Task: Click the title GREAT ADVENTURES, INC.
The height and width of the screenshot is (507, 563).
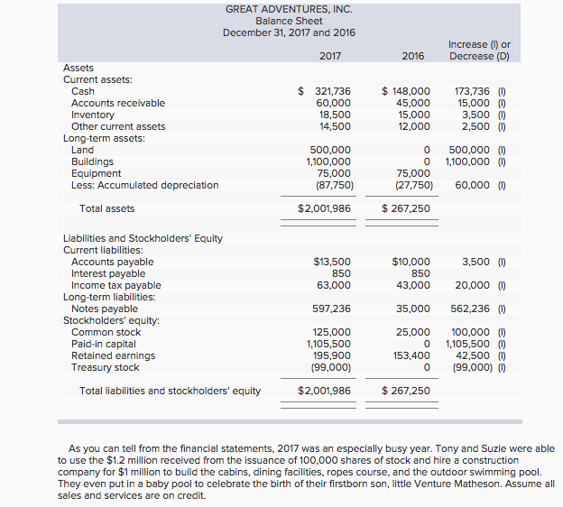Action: tap(289, 9)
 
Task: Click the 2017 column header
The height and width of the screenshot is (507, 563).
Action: tap(330, 56)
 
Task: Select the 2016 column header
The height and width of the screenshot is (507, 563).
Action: tap(412, 56)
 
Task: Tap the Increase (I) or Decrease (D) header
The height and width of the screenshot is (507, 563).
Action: tap(479, 50)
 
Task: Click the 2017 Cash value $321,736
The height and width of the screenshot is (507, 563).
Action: tap(325, 91)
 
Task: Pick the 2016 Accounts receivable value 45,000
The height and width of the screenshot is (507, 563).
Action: tap(412, 103)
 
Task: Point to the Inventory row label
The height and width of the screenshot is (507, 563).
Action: tap(93, 115)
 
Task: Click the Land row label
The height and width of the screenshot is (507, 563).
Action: tap(82, 150)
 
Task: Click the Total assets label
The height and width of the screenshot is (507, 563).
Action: tap(106, 208)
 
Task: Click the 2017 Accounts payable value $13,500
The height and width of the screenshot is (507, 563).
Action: tap(332, 262)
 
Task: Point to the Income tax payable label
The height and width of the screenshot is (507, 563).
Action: tap(115, 285)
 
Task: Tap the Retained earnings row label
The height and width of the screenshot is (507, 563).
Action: tap(113, 355)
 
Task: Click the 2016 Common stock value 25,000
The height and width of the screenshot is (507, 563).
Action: tap(413, 332)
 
